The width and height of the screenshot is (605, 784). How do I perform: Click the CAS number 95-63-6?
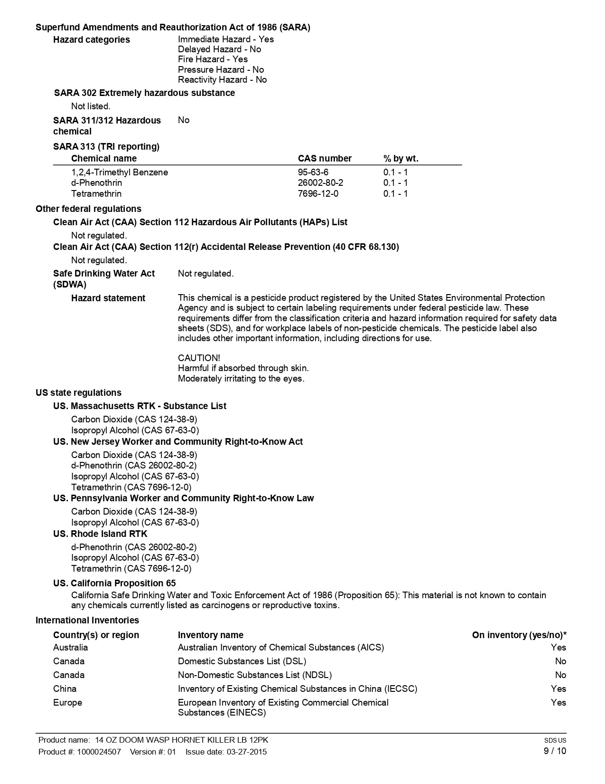(313, 172)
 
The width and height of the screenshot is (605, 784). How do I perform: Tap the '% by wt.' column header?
(400, 158)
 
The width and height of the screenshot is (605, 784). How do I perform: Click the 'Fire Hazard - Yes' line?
(213, 59)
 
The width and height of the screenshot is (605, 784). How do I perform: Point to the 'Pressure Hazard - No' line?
(221, 69)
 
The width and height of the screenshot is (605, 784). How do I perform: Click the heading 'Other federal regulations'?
(88, 209)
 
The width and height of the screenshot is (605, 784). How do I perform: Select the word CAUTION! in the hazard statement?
(199, 358)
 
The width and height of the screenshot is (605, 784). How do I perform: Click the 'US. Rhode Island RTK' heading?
(100, 534)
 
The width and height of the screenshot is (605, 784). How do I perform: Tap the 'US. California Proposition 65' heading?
(114, 583)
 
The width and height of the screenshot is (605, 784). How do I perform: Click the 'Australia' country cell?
(70, 647)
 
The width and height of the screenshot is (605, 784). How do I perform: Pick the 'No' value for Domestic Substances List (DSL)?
(560, 661)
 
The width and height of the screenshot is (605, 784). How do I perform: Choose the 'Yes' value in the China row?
(558, 688)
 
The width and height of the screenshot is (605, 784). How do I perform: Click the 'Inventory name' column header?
(210, 635)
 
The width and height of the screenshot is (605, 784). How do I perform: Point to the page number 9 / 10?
(555, 751)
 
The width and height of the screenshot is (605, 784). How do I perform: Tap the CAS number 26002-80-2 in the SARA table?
(320, 182)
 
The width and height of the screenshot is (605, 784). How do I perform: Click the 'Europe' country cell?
(67, 702)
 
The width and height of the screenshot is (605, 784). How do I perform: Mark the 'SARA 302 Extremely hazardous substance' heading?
(144, 93)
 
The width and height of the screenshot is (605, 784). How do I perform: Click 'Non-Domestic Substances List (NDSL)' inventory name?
(255, 675)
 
